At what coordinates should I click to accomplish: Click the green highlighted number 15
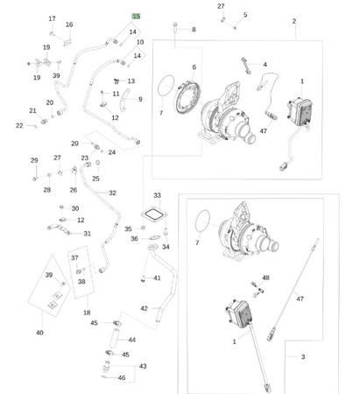(137, 17)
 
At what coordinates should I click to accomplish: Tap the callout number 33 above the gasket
(157, 195)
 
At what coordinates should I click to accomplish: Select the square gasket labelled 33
(152, 215)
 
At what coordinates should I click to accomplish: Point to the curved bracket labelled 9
(125, 100)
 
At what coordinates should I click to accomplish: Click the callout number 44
(132, 340)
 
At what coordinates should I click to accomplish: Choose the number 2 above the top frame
(294, 21)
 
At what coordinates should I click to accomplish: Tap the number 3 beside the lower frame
(303, 356)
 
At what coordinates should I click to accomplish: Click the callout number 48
(265, 278)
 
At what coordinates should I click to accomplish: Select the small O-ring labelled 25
(97, 163)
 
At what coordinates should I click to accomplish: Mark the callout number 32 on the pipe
(112, 193)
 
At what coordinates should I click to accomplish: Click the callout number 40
(39, 333)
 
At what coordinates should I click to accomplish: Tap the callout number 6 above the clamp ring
(194, 67)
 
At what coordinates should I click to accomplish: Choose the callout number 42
(144, 308)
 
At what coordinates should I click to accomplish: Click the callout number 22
(19, 125)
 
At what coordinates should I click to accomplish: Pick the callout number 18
(87, 313)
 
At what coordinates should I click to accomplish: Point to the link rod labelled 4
(246, 66)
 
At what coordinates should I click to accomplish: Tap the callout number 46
(122, 377)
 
